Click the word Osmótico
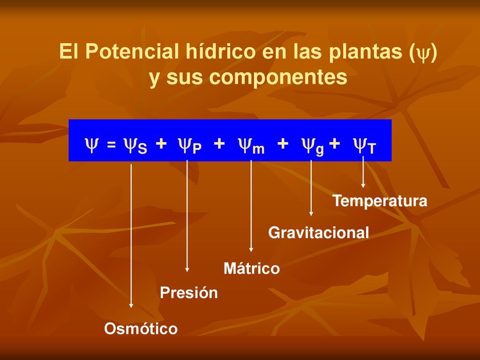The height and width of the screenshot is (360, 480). click(141, 329)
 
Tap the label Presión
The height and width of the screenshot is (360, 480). click(188, 292)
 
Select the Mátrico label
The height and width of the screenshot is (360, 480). click(252, 268)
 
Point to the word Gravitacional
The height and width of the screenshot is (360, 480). click(318, 232)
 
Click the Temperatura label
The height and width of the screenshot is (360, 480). click(380, 201)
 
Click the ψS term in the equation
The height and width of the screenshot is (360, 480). click(135, 145)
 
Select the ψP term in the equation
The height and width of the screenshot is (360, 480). click(190, 145)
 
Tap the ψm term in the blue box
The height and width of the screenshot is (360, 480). click(251, 145)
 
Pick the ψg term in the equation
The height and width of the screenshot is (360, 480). click(313, 146)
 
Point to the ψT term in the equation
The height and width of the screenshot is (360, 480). click(364, 145)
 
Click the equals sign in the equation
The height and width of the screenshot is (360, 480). click(112, 144)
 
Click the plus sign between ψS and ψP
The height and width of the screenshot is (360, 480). click(161, 143)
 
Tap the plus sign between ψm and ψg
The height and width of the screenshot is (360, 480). click(283, 143)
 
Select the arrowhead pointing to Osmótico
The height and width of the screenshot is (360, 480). click(131, 306)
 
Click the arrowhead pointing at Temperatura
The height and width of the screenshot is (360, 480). click(363, 186)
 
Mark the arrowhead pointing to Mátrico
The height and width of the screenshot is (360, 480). click(251, 250)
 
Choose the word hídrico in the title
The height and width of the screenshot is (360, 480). click(220, 51)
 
